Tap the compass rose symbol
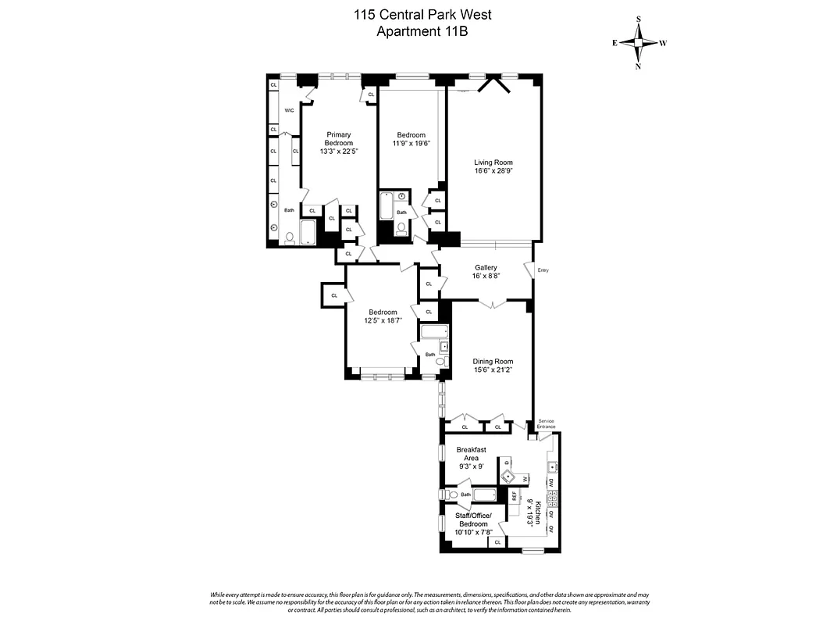click(639, 43)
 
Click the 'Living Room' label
click(493, 162)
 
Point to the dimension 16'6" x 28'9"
click(493, 171)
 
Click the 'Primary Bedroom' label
click(339, 139)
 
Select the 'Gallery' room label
click(486, 267)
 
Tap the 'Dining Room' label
click(493, 361)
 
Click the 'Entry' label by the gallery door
click(543, 271)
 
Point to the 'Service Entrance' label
click(546, 424)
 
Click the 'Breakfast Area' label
click(471, 454)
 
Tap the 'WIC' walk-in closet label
click(289, 110)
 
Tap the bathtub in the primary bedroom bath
click(308, 233)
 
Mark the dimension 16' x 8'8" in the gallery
click(486, 276)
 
